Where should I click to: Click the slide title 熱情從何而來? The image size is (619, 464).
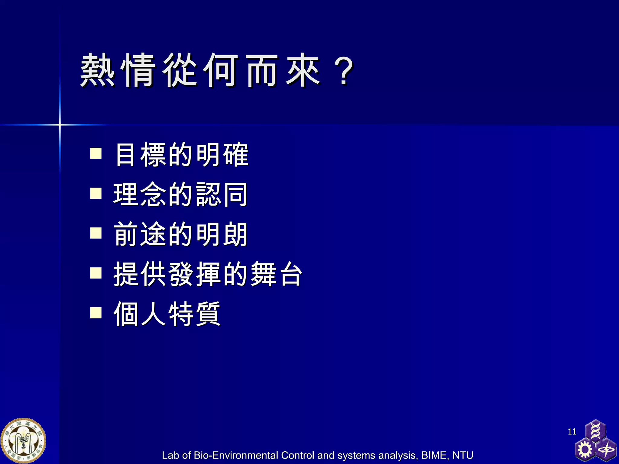coord(200,70)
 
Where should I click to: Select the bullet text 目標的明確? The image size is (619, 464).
coord(181,154)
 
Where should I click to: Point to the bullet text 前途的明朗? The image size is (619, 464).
coord(180,234)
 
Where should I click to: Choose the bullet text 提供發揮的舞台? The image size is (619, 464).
coord(207,274)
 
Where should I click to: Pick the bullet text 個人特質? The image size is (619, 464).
coord(167,314)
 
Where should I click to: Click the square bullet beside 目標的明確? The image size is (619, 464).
coord(96,153)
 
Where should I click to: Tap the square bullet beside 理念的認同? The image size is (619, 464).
coord(96,193)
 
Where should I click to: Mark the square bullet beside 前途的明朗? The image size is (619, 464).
coord(96,233)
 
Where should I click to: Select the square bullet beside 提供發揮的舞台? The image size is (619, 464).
coord(96,273)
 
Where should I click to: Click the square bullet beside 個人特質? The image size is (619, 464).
coord(96,313)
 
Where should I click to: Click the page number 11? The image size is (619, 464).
coord(572,431)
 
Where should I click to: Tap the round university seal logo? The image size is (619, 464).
coord(23,441)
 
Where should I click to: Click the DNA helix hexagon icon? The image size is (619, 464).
coord(595,430)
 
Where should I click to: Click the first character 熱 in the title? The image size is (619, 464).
coord(97,70)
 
